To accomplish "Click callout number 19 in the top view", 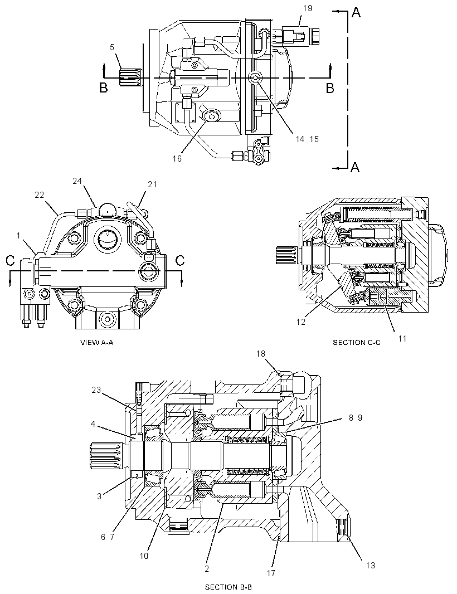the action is click(307, 8).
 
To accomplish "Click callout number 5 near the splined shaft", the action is click(112, 47).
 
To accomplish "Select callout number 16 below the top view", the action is click(177, 159).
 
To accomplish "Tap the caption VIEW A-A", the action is click(97, 343).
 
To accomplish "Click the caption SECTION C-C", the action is click(357, 343).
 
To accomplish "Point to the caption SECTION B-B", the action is click(228, 587).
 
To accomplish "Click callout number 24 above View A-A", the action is click(77, 181).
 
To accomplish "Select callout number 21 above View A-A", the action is click(152, 184).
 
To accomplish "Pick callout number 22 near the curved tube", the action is click(40, 195).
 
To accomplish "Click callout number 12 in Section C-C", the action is click(301, 323).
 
